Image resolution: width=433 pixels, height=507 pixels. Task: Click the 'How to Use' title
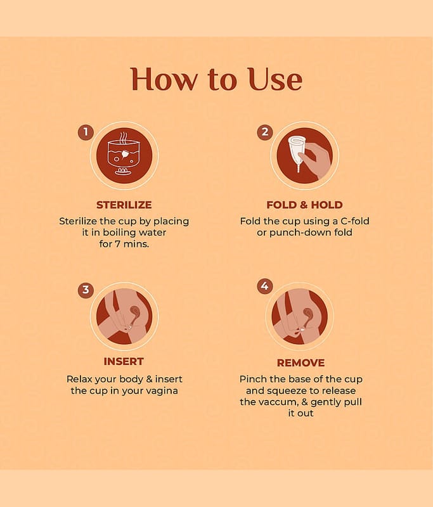click(216, 79)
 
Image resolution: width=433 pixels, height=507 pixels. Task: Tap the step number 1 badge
click(86, 132)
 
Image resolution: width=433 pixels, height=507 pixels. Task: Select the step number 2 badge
click(265, 132)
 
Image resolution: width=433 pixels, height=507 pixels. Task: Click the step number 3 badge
click(86, 290)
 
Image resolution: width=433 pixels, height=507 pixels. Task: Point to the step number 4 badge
click(265, 286)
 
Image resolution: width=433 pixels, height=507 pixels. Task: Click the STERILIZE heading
click(124, 205)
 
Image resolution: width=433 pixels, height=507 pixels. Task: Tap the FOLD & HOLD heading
click(304, 205)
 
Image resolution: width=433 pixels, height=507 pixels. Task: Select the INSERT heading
click(124, 361)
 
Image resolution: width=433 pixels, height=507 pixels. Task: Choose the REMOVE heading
click(301, 363)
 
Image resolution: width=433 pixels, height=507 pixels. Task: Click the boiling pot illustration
click(124, 155)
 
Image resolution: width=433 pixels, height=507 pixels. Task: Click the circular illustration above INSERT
click(124, 316)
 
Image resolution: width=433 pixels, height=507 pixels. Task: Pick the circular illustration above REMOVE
click(299, 316)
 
